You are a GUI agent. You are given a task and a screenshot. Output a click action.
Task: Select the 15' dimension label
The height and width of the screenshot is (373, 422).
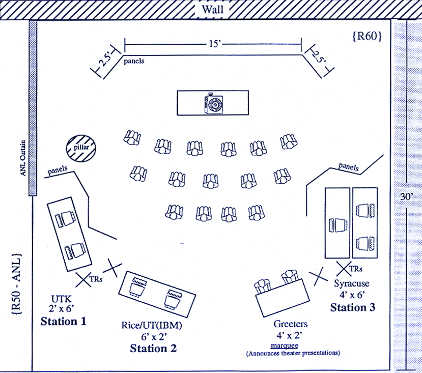[x=214, y=44]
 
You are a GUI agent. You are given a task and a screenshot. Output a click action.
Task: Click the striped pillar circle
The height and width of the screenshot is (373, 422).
[x=81, y=148]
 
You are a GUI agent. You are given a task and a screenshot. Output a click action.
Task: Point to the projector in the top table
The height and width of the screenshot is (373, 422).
[x=213, y=104]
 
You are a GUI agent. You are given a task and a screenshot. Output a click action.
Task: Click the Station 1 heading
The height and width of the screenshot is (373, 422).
[x=63, y=321]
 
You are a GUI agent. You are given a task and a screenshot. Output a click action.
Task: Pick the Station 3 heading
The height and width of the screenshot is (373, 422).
[x=353, y=307]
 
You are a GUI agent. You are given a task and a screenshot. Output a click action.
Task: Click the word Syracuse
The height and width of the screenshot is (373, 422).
[x=352, y=283]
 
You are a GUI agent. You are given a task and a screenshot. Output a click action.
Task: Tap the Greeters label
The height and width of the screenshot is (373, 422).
[x=290, y=324]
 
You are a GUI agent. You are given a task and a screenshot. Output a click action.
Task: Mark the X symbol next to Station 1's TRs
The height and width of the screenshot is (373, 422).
[x=85, y=278]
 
